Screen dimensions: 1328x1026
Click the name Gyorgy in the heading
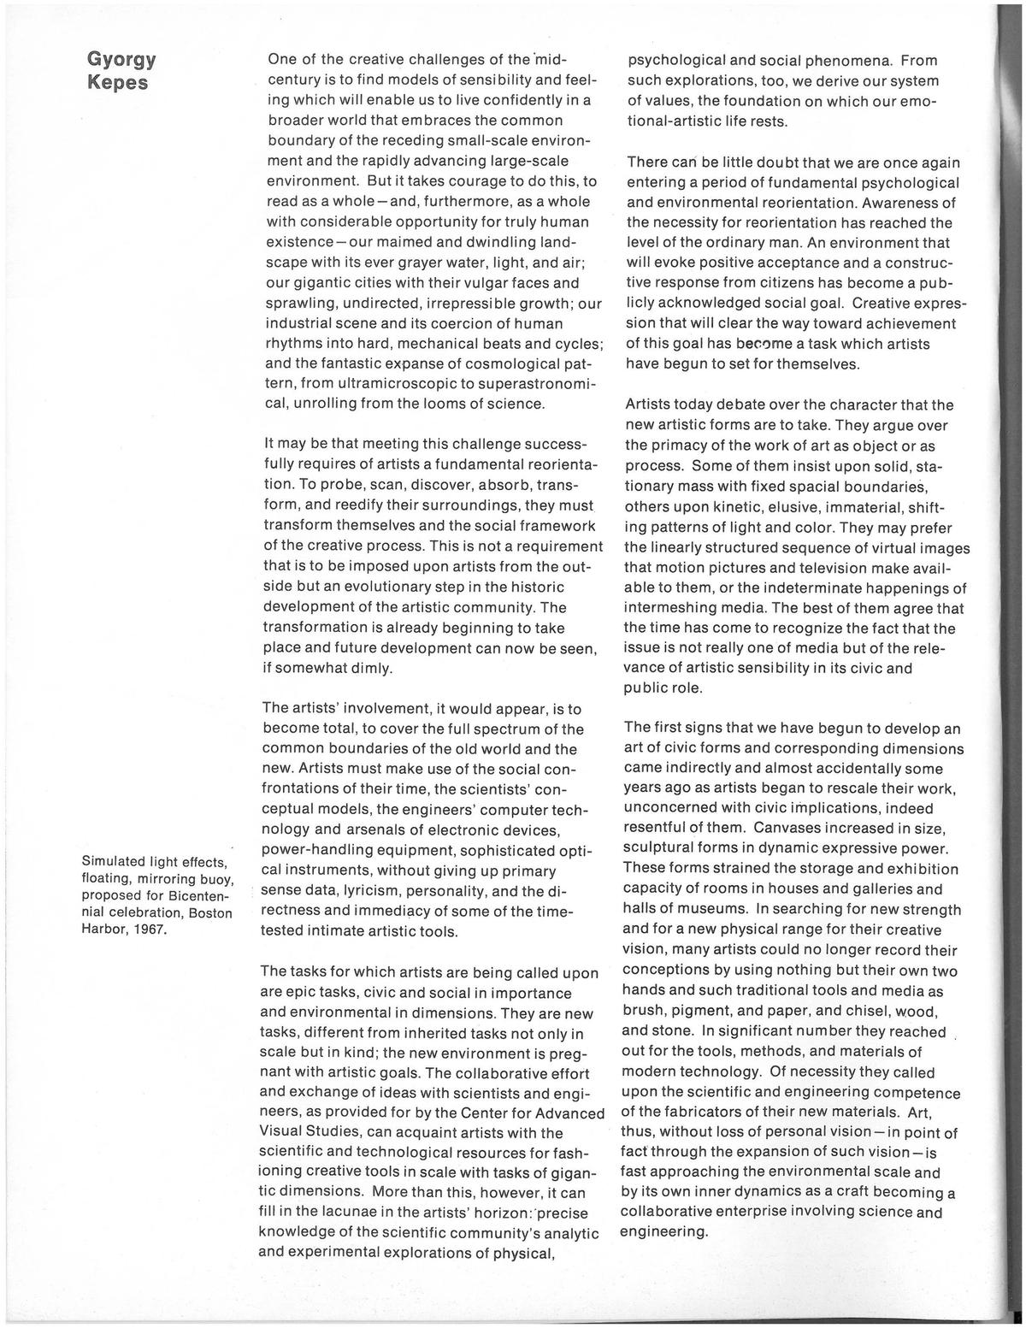pos(121,60)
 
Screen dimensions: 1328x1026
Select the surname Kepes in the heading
pos(117,83)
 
